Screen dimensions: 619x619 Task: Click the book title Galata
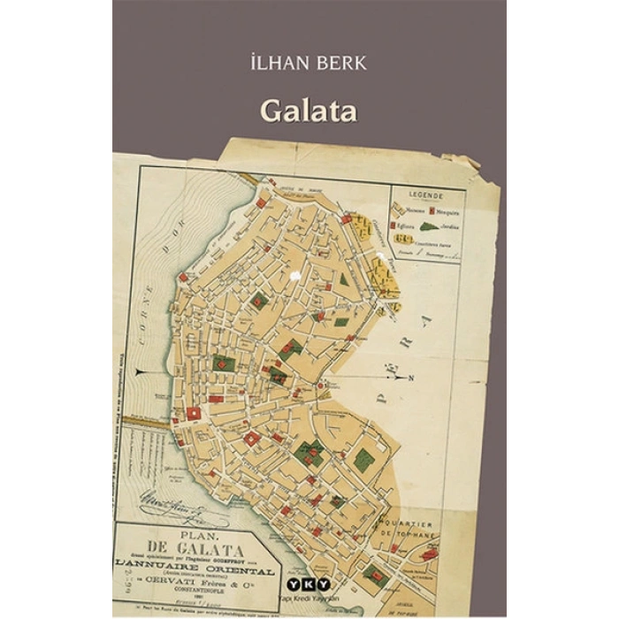(308, 112)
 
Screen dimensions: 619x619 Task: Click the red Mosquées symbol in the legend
(432, 210)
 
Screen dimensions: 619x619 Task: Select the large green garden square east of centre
(363, 459)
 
